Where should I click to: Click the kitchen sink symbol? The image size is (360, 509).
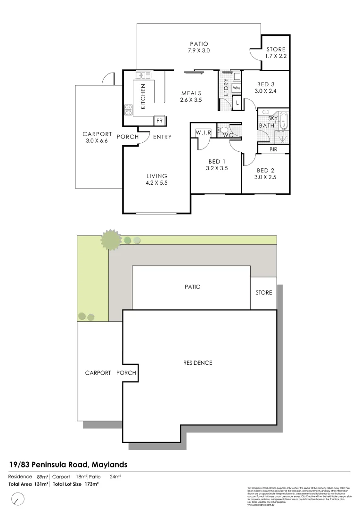pyautogui.click(x=143, y=75)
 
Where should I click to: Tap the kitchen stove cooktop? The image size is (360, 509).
pyautogui.click(x=128, y=110)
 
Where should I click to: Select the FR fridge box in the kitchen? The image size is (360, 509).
pyautogui.click(x=159, y=121)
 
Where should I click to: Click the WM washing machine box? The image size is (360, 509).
pyautogui.click(x=237, y=88)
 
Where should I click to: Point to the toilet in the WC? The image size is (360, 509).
pyautogui.click(x=223, y=131)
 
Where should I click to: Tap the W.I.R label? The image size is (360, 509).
pyautogui.click(x=203, y=133)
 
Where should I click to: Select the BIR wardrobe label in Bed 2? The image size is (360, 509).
pyautogui.click(x=273, y=150)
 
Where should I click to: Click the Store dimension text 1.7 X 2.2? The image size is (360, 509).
pyautogui.click(x=276, y=56)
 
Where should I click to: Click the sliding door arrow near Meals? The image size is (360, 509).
pyautogui.click(x=194, y=73)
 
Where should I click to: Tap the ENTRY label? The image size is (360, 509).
pyautogui.click(x=162, y=137)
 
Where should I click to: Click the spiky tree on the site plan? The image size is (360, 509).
pyautogui.click(x=111, y=239)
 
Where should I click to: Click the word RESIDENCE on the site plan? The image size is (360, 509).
pyautogui.click(x=197, y=363)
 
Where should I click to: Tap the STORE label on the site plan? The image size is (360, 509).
pyautogui.click(x=264, y=293)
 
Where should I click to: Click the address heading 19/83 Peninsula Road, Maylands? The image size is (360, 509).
pyautogui.click(x=68, y=465)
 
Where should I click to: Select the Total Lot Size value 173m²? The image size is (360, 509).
pyautogui.click(x=91, y=484)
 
